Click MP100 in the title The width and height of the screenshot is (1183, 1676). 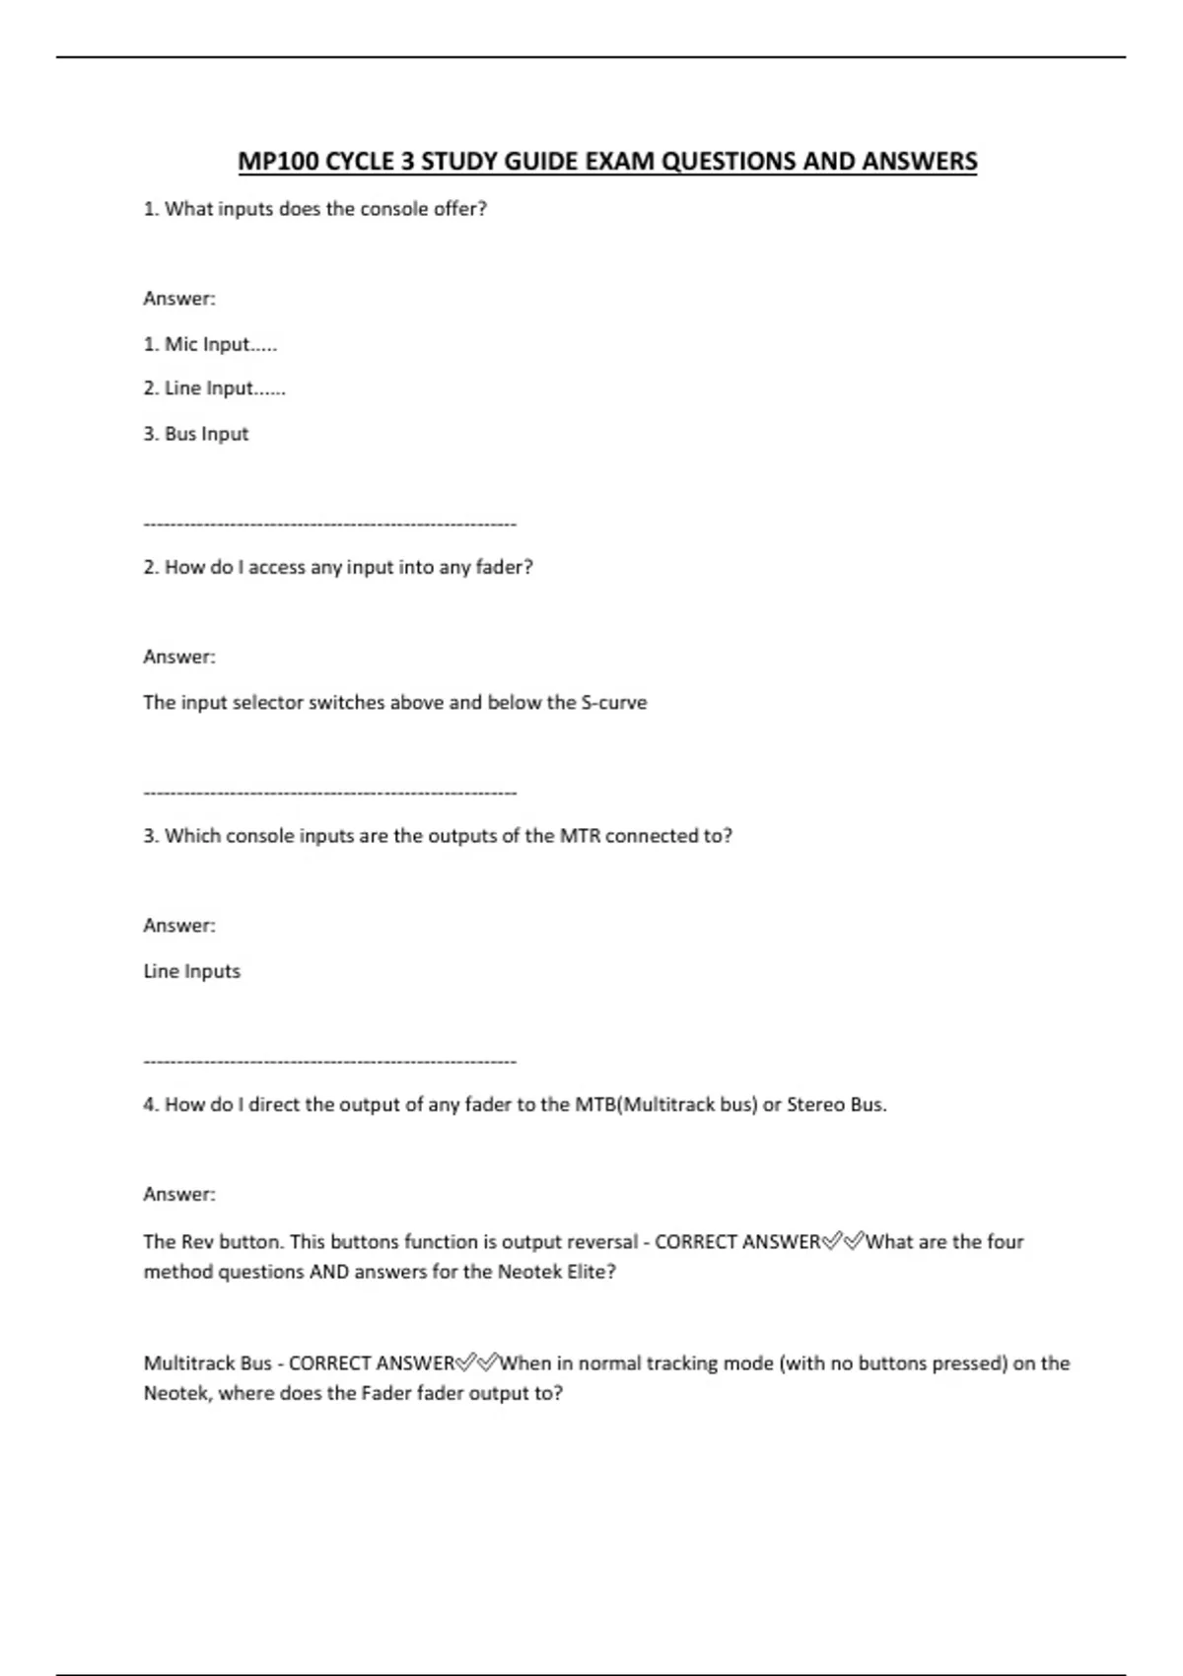point(278,162)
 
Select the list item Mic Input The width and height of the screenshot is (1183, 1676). point(210,344)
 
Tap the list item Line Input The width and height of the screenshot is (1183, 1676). point(214,388)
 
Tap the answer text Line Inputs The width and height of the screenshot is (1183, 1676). point(191,971)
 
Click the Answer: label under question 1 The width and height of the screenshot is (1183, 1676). point(178,299)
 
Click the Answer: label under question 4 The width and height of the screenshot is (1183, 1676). point(178,1195)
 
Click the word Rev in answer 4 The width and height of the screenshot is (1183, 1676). point(197,1242)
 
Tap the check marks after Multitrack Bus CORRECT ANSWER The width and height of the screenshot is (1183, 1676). point(477,1363)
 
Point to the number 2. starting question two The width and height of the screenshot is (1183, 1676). point(151,568)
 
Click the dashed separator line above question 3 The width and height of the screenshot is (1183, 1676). point(329,793)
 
